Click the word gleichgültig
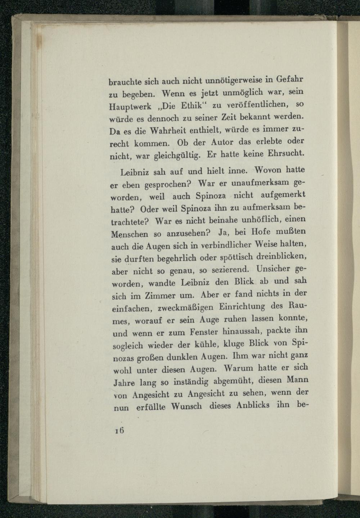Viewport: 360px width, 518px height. coord(177,156)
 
